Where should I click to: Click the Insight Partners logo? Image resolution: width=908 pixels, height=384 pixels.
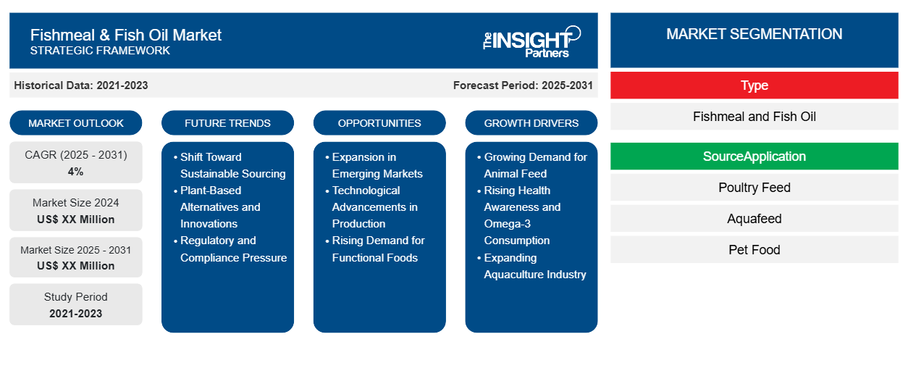coord(532,41)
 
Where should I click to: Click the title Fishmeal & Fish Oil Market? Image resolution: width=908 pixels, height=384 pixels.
coord(126,34)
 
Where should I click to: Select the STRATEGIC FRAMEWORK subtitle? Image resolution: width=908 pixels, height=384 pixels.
coord(100,51)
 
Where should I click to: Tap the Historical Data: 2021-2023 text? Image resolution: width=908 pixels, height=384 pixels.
coord(81,85)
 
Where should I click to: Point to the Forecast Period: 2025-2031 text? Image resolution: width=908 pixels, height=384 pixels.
coord(523,85)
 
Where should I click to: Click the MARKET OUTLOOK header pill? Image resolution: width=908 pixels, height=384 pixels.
coord(76,123)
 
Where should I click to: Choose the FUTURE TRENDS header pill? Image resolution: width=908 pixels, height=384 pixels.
coord(227,123)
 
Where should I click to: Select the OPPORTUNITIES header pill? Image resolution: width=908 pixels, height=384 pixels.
coord(379,123)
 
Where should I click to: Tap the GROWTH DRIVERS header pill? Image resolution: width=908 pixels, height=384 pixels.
coord(531,123)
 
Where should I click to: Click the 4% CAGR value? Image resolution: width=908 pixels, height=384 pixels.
coord(76,172)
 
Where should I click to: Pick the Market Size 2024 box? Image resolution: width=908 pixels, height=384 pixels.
coord(76,210)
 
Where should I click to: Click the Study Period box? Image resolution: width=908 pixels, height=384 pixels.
coord(76,304)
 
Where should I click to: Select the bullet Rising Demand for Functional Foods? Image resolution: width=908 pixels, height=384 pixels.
coord(378,249)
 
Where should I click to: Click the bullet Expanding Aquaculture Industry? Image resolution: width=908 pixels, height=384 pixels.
coord(534,266)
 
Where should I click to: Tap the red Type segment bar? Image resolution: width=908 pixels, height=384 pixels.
coord(754,85)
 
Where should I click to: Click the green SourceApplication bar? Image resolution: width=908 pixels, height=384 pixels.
coord(754,156)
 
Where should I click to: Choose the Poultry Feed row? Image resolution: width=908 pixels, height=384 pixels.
coord(754,188)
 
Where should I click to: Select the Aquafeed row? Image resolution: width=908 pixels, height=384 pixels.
coord(754,219)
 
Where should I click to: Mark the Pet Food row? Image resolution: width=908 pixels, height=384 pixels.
coord(754,250)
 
